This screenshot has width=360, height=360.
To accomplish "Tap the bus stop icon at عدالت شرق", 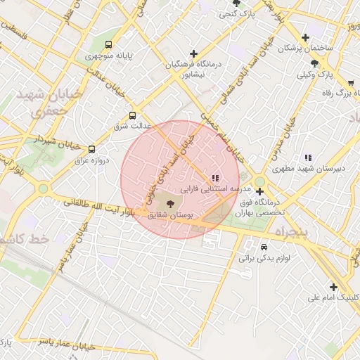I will click(x=132, y=116).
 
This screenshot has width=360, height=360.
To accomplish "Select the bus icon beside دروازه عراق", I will click(x=91, y=149).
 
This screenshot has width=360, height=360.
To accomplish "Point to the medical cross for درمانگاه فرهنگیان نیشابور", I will click(x=193, y=53).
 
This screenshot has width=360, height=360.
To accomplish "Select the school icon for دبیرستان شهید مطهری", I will click(x=307, y=157).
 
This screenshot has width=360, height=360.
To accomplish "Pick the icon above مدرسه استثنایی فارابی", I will click(x=215, y=178).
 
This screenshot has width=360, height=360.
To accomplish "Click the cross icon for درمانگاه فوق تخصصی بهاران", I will click(x=259, y=191).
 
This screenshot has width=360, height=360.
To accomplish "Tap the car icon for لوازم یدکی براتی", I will click(x=264, y=247).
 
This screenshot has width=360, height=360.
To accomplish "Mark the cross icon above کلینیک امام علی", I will click(x=333, y=287).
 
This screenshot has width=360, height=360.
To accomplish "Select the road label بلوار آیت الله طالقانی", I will click(x=98, y=206).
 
